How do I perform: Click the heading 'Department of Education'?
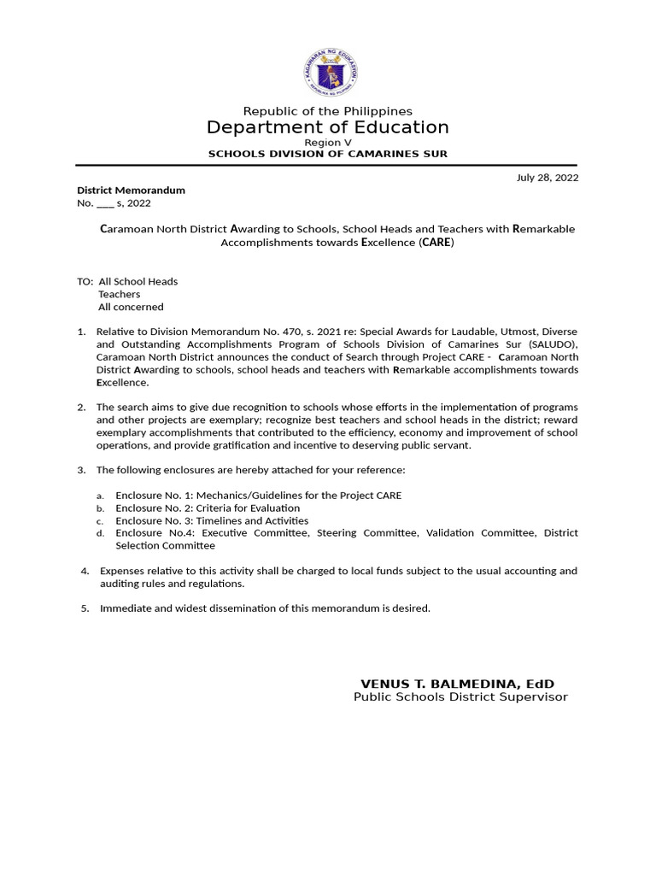click(328, 127)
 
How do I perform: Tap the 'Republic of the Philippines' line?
click(328, 111)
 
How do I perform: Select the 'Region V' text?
click(328, 142)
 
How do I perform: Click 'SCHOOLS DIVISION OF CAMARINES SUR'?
click(328, 154)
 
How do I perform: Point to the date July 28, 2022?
click(548, 178)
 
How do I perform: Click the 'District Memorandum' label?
click(131, 190)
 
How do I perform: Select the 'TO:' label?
click(85, 281)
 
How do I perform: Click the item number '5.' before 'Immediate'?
click(85, 608)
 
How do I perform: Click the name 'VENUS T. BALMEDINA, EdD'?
click(457, 684)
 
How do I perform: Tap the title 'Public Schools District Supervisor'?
click(460, 697)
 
